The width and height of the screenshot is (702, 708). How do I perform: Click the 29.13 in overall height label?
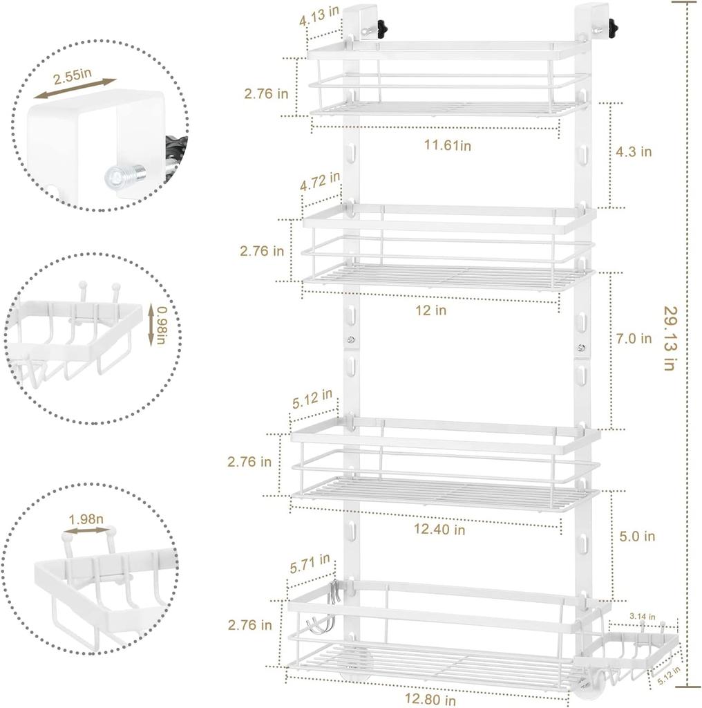669,338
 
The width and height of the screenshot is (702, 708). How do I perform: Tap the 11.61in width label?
447,145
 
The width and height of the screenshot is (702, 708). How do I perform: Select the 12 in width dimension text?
430,310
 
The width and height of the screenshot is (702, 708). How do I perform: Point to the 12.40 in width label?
440,530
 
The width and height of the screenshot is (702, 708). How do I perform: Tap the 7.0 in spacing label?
633,339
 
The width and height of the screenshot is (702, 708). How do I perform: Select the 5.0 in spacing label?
636,537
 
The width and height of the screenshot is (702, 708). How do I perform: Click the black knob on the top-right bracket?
612,28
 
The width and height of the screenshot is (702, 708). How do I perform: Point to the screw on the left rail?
351,339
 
